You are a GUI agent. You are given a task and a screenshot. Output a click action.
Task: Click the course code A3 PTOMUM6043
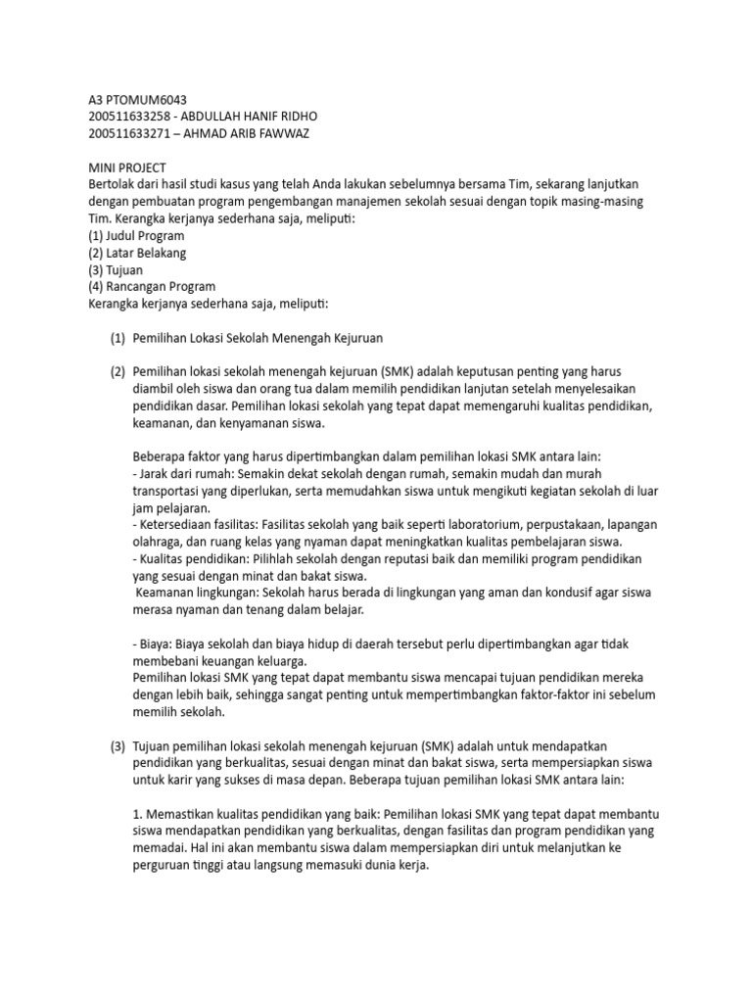(138, 100)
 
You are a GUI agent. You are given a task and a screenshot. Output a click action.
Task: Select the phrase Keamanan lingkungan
(197, 593)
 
